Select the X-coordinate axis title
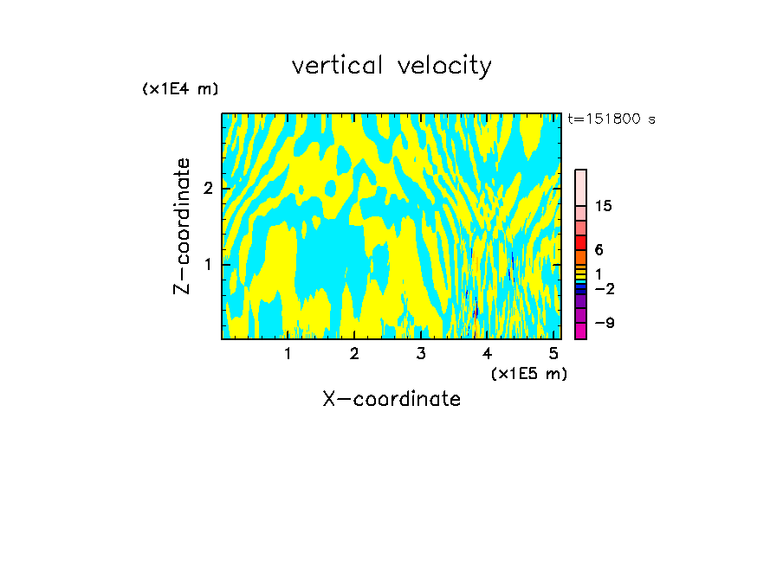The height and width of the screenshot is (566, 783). [x=391, y=399]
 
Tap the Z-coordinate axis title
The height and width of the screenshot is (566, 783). [x=182, y=226]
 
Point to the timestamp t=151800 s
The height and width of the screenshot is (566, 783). [x=611, y=119]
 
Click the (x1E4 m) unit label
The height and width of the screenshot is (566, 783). [x=180, y=89]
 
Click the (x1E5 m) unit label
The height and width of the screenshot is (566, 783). [x=528, y=373]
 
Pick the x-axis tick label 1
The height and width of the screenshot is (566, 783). [x=288, y=353]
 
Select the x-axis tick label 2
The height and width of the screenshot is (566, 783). [x=354, y=353]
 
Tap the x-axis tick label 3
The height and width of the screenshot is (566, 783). [x=421, y=353]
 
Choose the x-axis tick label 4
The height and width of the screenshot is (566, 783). [x=488, y=353]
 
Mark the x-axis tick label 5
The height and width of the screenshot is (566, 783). [x=553, y=353]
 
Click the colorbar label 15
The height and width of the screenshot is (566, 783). [x=604, y=206]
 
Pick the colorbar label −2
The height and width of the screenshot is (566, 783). [x=604, y=288]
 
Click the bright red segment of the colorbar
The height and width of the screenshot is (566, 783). [x=580, y=242]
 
